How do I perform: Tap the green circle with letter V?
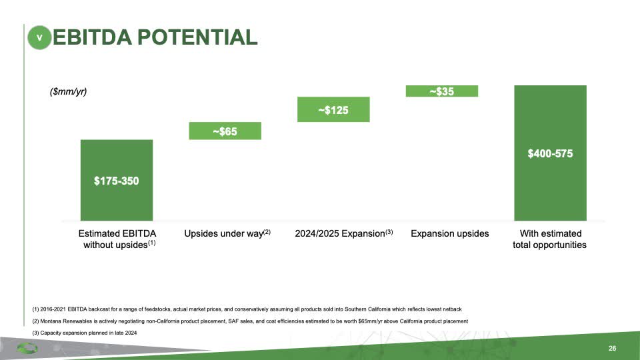pyautogui.click(x=39, y=38)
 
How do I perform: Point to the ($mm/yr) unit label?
pyautogui.click(x=69, y=92)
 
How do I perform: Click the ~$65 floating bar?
pyautogui.click(x=225, y=131)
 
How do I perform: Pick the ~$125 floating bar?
pyautogui.click(x=333, y=109)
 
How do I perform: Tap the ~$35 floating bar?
pyautogui.click(x=441, y=91)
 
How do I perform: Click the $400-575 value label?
pyautogui.click(x=550, y=153)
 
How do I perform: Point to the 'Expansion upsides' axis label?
pyautogui.click(x=449, y=233)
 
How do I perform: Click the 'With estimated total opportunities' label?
pyautogui.click(x=549, y=239)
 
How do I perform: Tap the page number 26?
pyautogui.click(x=611, y=349)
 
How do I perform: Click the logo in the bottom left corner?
pyautogui.click(x=27, y=348)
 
